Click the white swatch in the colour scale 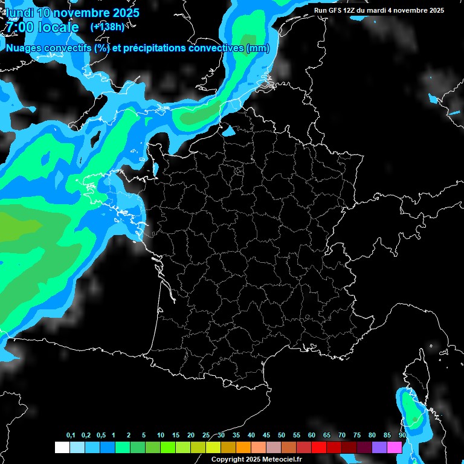click(62, 447)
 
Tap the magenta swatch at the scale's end click(395, 447)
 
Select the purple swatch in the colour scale click(379, 447)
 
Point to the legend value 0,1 click(71, 436)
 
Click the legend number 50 click(282, 436)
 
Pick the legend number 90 click(402, 436)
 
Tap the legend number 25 click(206, 436)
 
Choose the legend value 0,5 click(100, 436)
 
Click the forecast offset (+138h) click(107, 27)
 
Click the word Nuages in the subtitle click(24, 48)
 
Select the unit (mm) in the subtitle click(258, 48)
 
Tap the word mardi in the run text click(383, 10)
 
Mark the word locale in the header click(58, 27)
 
